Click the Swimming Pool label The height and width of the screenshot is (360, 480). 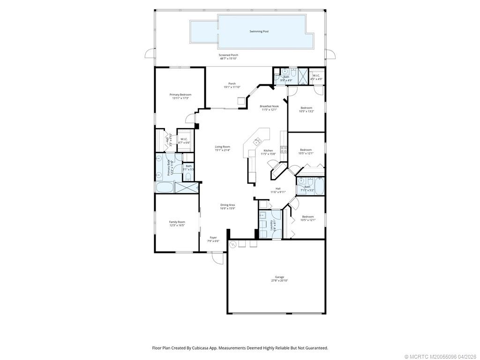pos(259,31)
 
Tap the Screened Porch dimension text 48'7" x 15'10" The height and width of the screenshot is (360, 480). pos(229,59)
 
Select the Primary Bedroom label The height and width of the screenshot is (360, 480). pos(180,95)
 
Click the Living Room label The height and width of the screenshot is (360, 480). pos(223,147)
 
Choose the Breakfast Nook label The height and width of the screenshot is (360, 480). pos(269,106)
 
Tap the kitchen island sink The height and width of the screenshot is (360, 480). pos(257,141)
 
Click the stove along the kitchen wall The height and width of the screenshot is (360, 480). pos(284,150)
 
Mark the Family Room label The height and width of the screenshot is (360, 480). pos(177,222)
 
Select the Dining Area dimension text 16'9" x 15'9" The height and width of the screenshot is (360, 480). pos(227,208)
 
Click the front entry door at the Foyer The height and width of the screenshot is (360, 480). pos(217,257)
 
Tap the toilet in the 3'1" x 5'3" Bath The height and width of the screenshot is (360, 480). pos(188,176)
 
